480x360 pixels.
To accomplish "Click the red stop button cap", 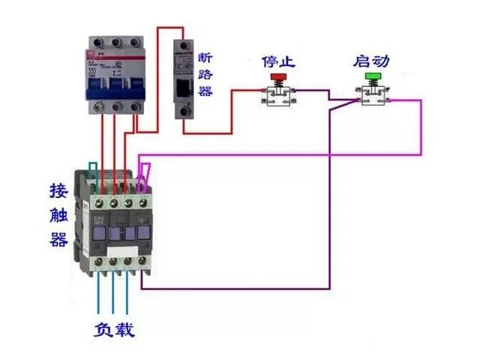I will pyautogui.click(x=278, y=76).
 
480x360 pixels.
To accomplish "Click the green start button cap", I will pyautogui.click(x=373, y=76).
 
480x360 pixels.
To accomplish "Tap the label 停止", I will pyautogui.click(x=277, y=60).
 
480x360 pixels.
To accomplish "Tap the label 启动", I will pyautogui.click(x=373, y=60).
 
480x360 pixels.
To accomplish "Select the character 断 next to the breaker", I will pyautogui.click(x=206, y=58).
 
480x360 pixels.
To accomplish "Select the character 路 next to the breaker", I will pyautogui.click(x=206, y=74).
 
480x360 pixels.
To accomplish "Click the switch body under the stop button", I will pyautogui.click(x=279, y=96).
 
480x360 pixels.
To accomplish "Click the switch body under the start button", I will pyautogui.click(x=373, y=96).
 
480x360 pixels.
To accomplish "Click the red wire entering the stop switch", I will pyautogui.click(x=247, y=91).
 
